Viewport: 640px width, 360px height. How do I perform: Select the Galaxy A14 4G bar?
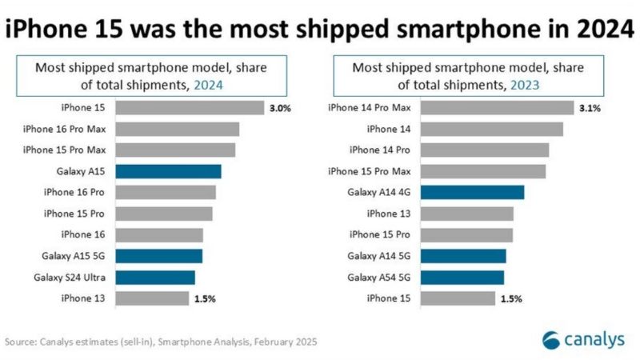tap(472, 192)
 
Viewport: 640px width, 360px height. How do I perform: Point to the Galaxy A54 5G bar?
tap(462, 277)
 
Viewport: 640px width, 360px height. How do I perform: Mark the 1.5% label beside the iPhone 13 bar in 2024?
tap(204, 298)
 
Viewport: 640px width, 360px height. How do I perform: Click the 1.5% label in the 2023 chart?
tap(511, 298)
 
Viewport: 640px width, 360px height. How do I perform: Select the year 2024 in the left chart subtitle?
tap(210, 83)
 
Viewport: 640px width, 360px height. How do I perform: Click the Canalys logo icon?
tap(552, 339)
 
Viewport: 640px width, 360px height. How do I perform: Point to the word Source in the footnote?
tap(19, 342)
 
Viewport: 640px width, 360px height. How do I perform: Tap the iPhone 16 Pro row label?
tap(79, 192)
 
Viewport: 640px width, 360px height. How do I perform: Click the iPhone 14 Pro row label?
tap(380, 150)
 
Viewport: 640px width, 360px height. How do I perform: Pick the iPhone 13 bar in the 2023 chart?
tap(466, 214)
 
